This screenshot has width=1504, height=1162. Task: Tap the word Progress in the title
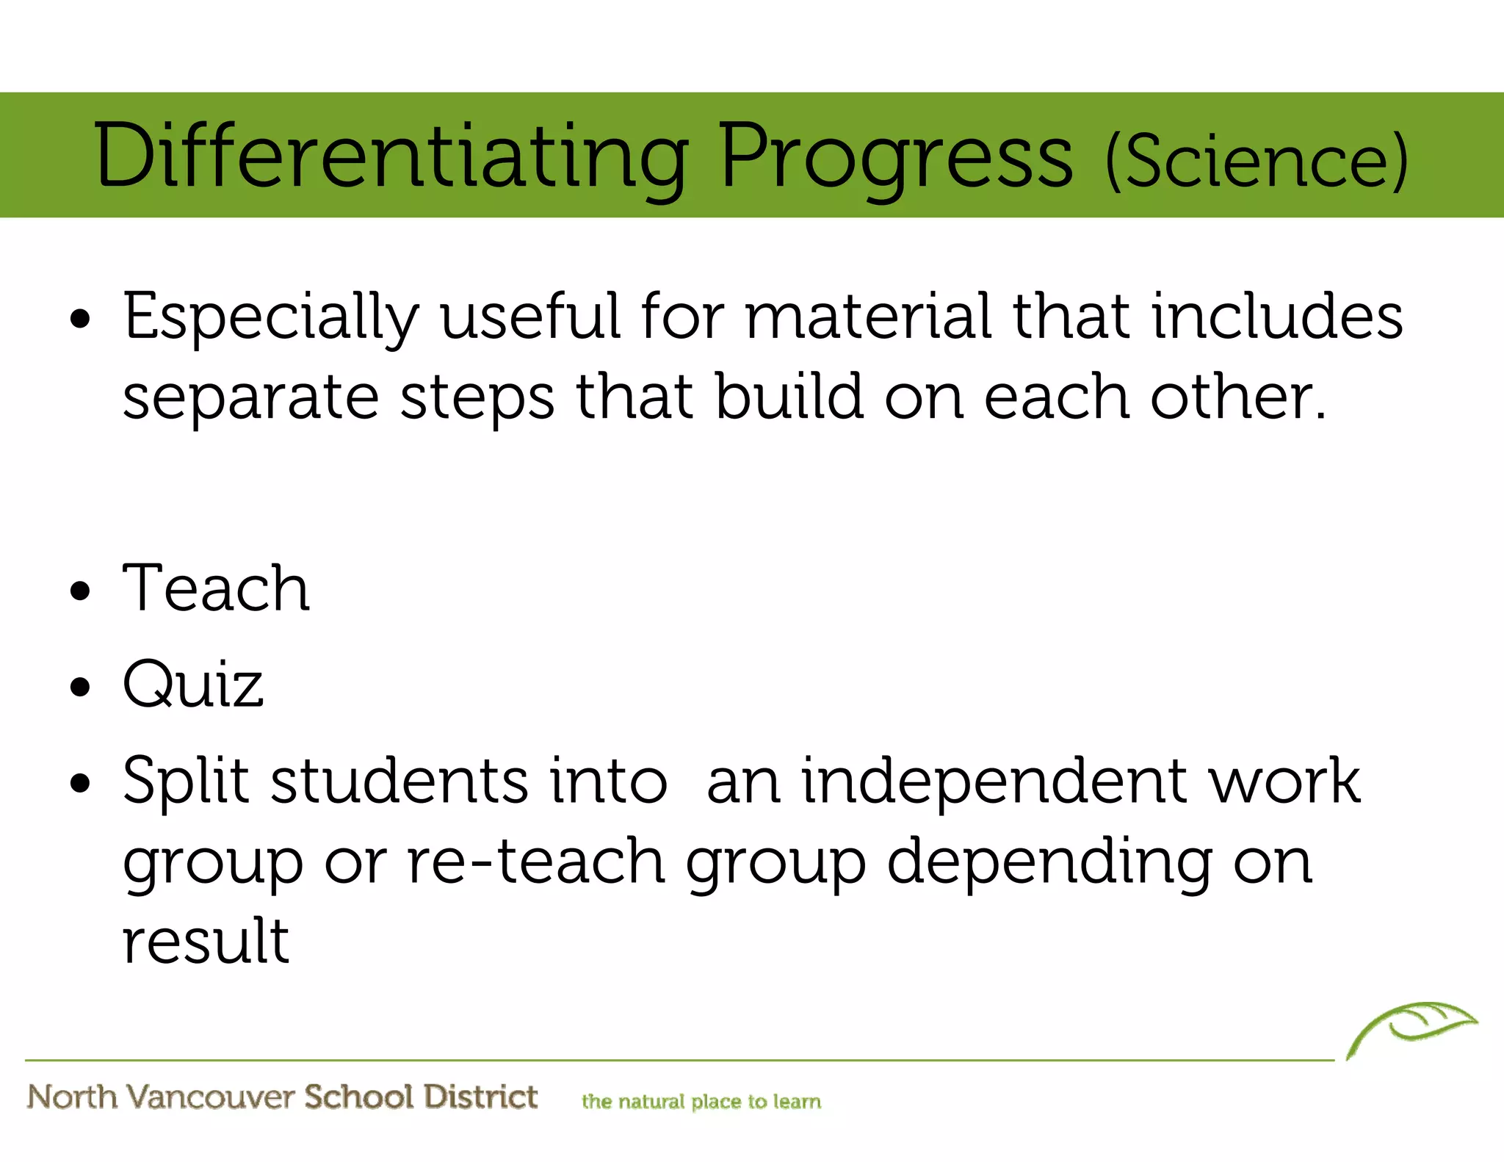(895, 156)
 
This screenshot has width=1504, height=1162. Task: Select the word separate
(250, 398)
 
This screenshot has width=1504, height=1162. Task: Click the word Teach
(216, 588)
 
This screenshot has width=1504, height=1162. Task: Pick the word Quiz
(192, 685)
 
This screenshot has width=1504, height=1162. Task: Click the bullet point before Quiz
(80, 688)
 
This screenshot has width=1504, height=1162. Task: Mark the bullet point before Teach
(80, 591)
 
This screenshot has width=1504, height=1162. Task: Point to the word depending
(1049, 863)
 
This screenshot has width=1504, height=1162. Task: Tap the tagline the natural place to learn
(701, 1102)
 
